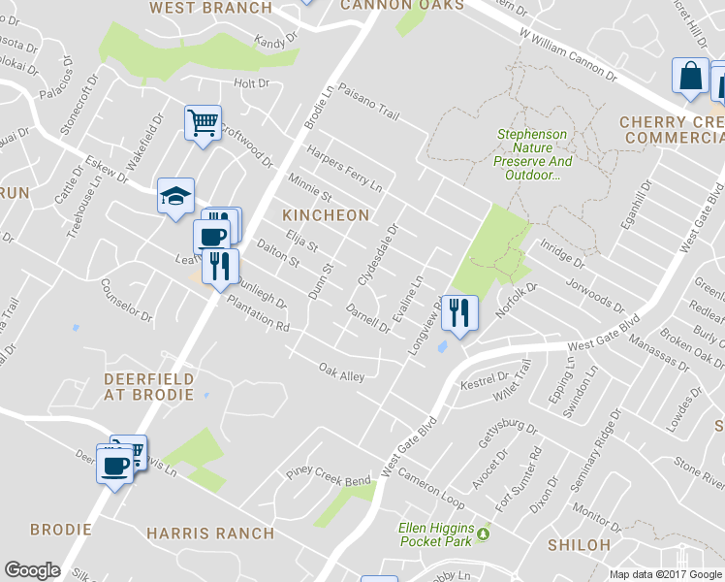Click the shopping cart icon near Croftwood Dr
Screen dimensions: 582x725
pos(204,123)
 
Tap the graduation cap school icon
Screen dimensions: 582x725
pos(175,196)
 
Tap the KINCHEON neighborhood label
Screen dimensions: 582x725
pos(326,214)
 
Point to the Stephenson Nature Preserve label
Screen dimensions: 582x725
pos(533,155)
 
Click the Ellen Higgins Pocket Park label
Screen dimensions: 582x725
pos(439,533)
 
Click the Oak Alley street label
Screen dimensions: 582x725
pos(342,371)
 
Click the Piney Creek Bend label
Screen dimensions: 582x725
pos(328,477)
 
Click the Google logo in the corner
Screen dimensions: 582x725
pos(33,570)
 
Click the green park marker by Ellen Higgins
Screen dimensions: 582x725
pos(482,532)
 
